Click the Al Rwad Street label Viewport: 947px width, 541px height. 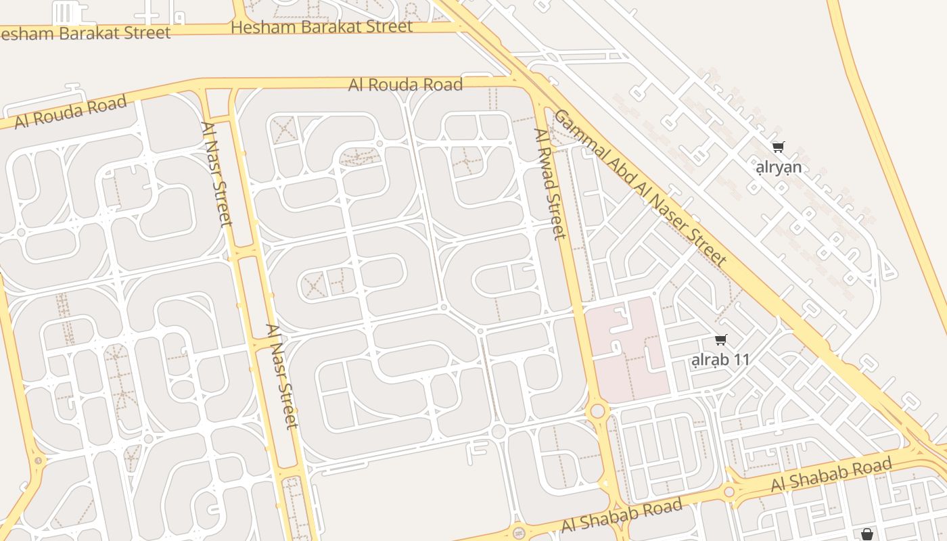coord(549,184)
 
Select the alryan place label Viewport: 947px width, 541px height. coord(779,167)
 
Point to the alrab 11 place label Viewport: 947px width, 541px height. coord(720,360)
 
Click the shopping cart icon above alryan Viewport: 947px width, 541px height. coord(779,147)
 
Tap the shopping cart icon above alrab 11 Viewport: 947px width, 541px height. coord(720,340)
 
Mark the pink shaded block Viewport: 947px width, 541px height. coord(628,350)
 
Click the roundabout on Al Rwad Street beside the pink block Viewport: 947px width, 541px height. coord(597,410)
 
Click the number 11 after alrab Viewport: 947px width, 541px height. coord(741,360)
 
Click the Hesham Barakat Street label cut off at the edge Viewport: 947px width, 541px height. coord(85,32)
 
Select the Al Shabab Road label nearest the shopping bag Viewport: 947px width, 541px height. coord(831,475)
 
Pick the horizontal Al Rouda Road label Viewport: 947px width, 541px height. coord(405,85)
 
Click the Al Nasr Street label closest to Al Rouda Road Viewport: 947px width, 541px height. coord(216,174)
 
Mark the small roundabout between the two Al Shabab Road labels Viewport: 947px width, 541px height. coord(729,492)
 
